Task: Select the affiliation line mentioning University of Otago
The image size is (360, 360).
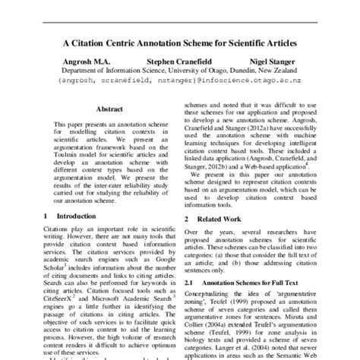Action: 179,76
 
